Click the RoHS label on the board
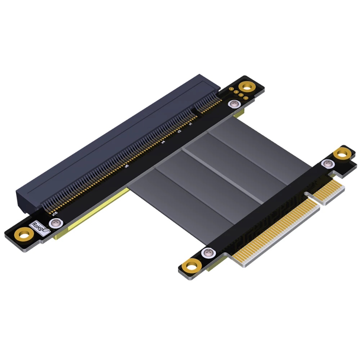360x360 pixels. pyautogui.click(x=39, y=228)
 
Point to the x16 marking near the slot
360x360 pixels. pyautogui.click(x=55, y=214)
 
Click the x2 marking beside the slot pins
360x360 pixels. pyautogui.click(x=179, y=132)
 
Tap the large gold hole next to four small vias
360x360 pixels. pyautogui.click(x=247, y=86)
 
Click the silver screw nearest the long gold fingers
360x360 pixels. pyautogui.click(x=207, y=253)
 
